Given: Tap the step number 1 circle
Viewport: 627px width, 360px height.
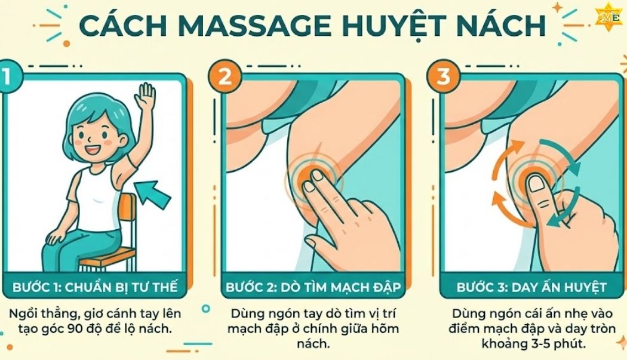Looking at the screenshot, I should point(8,79).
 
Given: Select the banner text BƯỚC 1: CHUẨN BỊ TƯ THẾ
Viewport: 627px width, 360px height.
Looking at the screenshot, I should point(95,287).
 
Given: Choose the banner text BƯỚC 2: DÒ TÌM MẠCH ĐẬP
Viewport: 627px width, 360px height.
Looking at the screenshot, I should point(314,287).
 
